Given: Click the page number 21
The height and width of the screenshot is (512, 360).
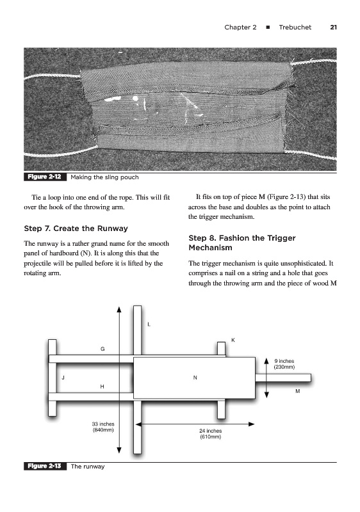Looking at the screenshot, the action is (x=333, y=28).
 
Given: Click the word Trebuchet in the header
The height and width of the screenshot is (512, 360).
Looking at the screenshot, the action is (x=295, y=28).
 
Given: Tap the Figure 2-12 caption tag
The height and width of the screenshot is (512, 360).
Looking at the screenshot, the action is (x=45, y=177).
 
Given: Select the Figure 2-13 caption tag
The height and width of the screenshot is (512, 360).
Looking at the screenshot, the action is (x=45, y=466).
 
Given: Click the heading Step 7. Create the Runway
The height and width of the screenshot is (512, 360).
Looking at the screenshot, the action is (x=76, y=228).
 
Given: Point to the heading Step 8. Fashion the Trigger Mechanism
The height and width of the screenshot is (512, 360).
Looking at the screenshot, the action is (x=242, y=243).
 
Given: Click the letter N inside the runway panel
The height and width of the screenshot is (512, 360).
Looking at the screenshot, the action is (x=195, y=378).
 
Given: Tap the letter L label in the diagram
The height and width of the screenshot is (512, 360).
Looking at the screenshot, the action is (x=149, y=324).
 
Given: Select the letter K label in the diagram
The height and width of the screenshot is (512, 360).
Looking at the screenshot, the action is (x=233, y=340).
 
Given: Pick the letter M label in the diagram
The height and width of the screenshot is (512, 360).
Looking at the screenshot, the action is (x=298, y=391).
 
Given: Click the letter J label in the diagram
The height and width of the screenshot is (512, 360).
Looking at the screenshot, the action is (x=63, y=378).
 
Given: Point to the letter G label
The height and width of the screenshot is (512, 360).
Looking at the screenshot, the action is (x=102, y=349).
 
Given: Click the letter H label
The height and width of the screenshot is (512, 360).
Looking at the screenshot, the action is (x=102, y=387).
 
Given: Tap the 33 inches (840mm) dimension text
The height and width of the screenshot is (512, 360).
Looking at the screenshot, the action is (x=103, y=427).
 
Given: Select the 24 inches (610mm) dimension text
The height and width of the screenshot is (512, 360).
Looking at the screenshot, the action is (x=211, y=434).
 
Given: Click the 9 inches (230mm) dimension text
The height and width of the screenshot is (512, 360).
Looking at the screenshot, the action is (x=284, y=364).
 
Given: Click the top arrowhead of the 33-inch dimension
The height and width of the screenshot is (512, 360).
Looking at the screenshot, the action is (x=119, y=309).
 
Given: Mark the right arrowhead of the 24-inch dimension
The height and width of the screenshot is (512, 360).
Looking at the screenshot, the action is (x=251, y=424).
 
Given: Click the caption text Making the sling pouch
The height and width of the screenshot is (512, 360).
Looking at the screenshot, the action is (x=104, y=177).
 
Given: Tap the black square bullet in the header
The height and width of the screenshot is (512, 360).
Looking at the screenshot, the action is (x=268, y=28).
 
